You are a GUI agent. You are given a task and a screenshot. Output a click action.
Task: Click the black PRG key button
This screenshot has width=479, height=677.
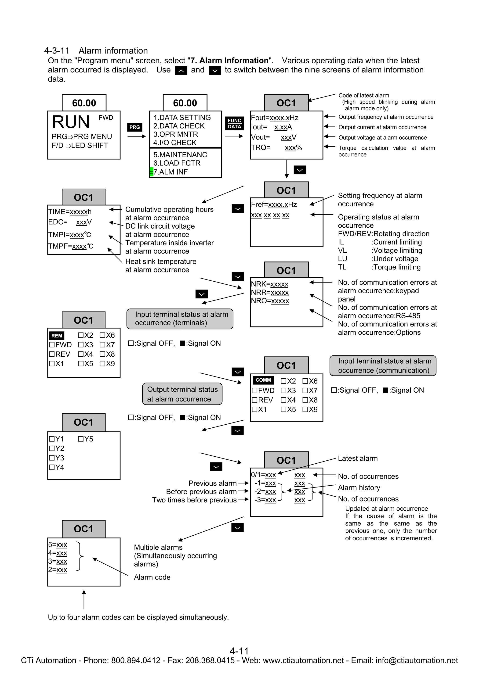[x=134, y=127]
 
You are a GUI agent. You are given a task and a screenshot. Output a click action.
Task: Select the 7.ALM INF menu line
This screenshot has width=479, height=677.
[x=170, y=172]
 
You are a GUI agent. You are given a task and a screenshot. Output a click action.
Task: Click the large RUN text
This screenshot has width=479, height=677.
[x=71, y=122]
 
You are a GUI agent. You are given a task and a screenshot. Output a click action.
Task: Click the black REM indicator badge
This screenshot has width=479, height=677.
[x=57, y=336]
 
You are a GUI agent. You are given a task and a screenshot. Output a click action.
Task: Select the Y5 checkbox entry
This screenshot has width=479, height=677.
[x=86, y=439]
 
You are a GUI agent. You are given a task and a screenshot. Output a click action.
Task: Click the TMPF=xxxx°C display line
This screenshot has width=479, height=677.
[x=71, y=246]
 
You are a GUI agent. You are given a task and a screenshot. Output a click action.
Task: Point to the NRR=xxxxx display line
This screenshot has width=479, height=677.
[x=270, y=293]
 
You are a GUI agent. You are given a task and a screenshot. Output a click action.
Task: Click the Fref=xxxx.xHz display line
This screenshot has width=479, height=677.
[x=274, y=205]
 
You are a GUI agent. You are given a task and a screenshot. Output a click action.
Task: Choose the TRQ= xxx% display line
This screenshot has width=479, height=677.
[x=276, y=148]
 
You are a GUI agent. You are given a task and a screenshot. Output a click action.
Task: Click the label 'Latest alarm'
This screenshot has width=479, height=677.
[x=358, y=458]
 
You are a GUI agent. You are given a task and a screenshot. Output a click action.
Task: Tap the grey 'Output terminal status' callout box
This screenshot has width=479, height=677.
[x=182, y=394]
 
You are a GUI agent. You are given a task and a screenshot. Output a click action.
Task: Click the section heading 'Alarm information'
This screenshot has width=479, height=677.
[x=113, y=51]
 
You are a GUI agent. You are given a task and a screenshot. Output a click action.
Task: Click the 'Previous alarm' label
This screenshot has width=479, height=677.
[x=213, y=483]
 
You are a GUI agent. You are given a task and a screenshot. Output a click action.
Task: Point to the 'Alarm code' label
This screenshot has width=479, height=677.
[x=152, y=577]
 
